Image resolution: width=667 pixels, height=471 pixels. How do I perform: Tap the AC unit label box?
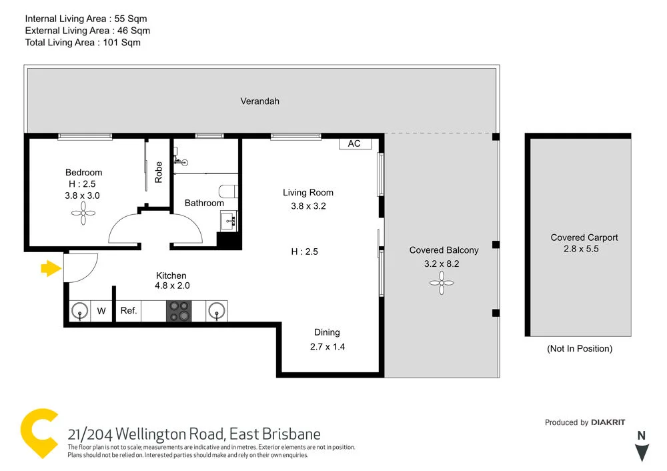(354, 143)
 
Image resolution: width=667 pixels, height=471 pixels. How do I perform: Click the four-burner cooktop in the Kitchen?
(178, 310)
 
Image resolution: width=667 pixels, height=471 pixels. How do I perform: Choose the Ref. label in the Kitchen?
(129, 310)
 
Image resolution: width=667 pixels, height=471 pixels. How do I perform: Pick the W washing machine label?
(101, 310)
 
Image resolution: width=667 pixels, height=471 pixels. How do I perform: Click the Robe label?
(159, 172)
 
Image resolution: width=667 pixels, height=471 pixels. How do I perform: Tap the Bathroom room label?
(204, 203)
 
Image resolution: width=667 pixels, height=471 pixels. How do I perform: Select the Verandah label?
(260, 101)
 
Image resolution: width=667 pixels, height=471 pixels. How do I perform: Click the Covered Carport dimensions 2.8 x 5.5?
(584, 249)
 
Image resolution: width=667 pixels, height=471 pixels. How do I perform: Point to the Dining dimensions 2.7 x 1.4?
(327, 346)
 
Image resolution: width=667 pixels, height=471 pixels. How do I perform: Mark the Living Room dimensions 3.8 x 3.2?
(308, 206)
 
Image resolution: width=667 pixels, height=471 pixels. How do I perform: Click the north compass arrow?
(642, 453)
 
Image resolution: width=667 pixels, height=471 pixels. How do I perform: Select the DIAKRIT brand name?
(609, 422)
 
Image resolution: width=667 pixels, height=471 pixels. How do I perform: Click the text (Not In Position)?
(579, 348)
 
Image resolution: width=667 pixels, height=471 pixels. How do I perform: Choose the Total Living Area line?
(83, 42)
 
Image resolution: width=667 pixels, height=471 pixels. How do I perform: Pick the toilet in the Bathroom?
(228, 191)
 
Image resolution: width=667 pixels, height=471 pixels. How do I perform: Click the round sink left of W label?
(80, 310)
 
